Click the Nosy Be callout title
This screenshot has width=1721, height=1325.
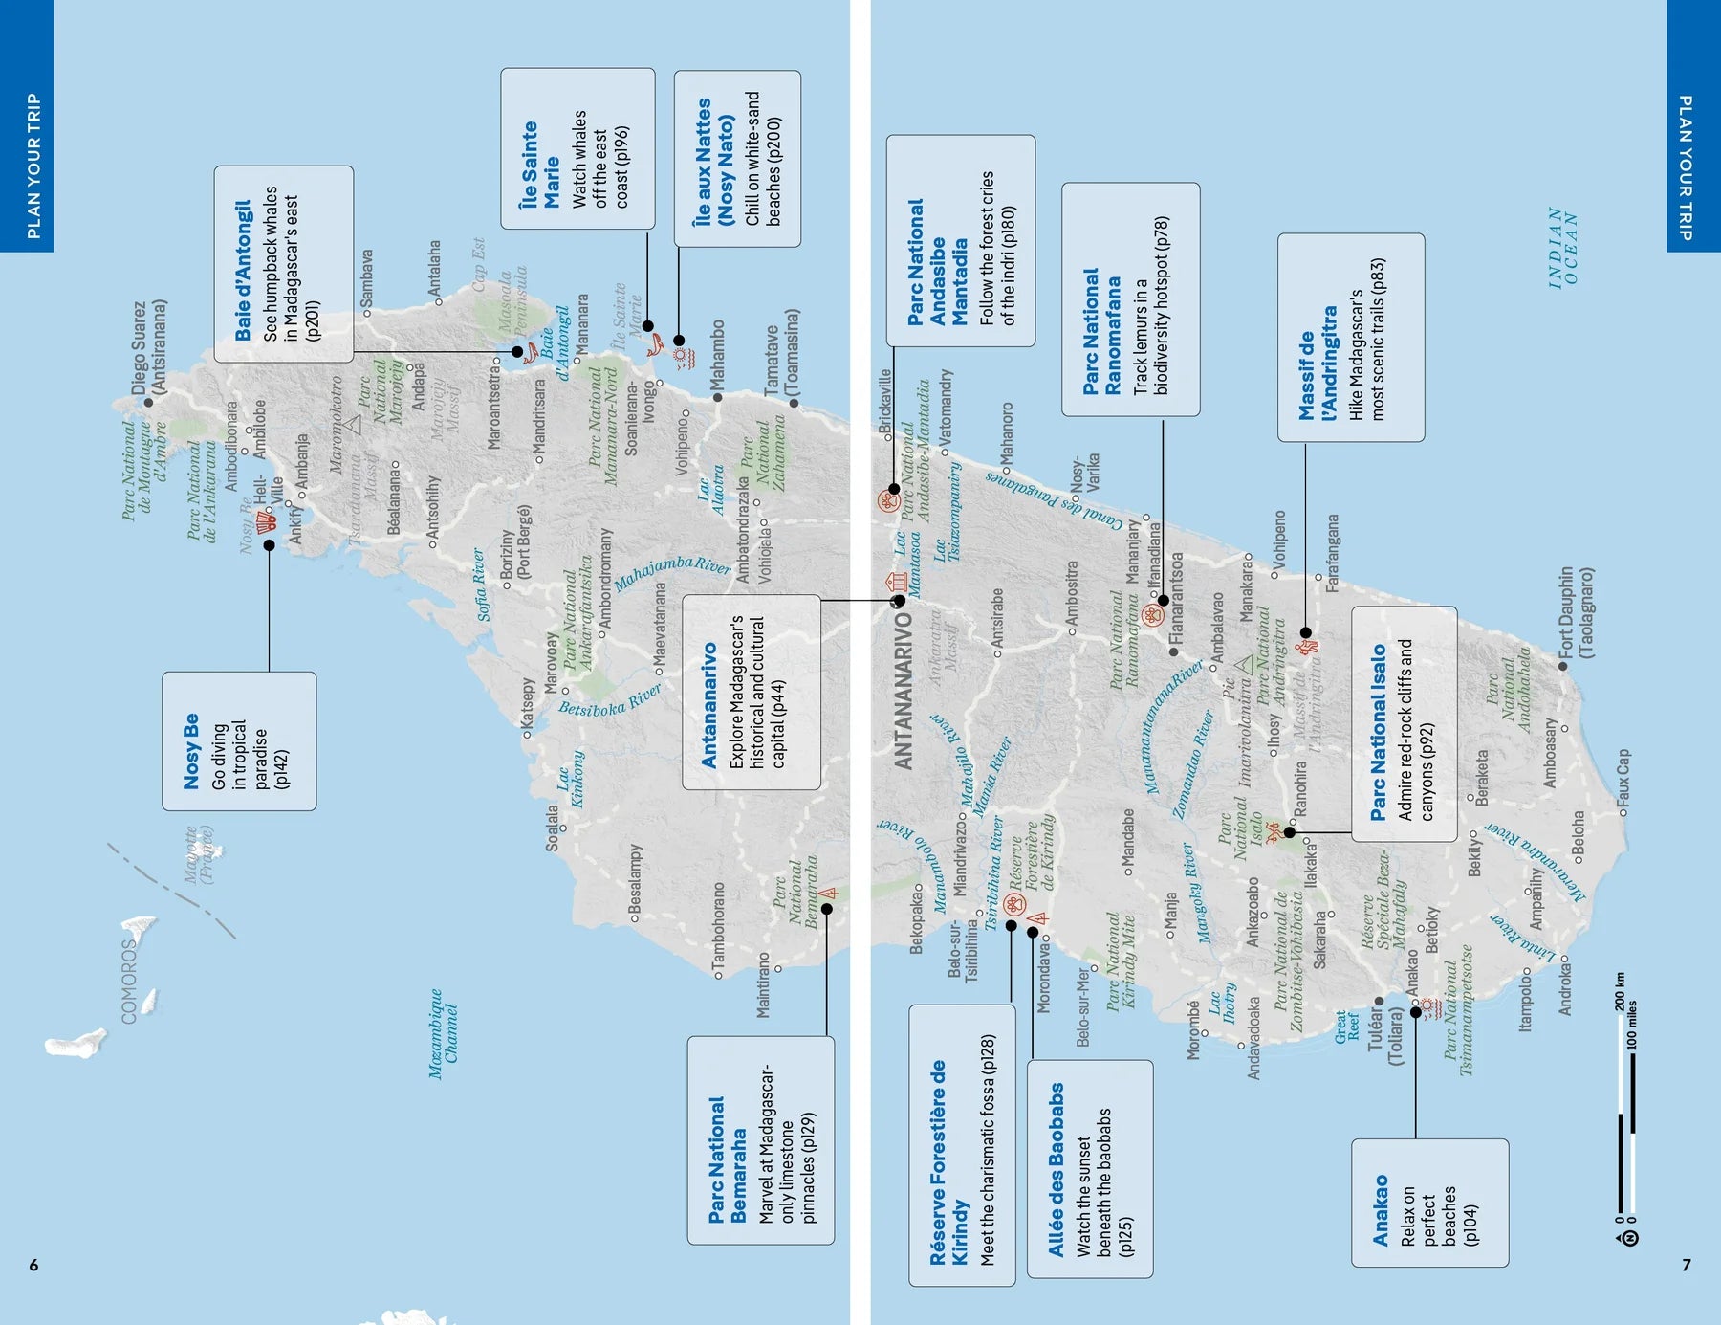[191, 751]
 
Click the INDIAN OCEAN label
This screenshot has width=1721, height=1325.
[1563, 248]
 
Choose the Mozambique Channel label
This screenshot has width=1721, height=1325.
[443, 1033]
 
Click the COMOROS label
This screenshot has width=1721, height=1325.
[129, 981]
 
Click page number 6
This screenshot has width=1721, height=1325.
[33, 1265]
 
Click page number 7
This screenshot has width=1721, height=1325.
[1687, 1265]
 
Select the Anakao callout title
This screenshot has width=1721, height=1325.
[1381, 1210]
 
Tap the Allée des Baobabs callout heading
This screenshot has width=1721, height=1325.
[1056, 1169]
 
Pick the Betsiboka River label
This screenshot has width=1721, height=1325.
[610, 701]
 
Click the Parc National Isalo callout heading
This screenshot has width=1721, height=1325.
[1378, 732]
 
